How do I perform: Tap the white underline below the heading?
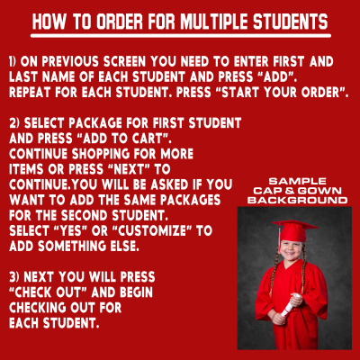181,36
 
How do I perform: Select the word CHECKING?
38,308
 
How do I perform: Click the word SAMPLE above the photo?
297,181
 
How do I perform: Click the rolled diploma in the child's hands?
290,306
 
